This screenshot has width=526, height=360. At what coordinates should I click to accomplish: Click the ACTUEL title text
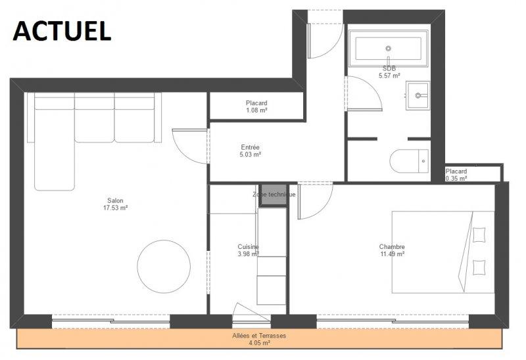click(62, 31)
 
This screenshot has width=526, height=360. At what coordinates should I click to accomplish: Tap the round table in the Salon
click(164, 267)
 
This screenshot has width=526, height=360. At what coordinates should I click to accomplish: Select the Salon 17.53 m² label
click(116, 204)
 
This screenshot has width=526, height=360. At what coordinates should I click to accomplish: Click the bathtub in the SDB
click(389, 48)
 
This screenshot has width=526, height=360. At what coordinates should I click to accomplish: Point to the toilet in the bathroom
click(410, 161)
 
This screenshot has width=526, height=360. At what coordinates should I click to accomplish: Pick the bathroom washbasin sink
click(418, 95)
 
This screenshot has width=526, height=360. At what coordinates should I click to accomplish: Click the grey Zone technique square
click(274, 194)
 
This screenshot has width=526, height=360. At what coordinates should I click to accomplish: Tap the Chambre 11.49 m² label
click(392, 250)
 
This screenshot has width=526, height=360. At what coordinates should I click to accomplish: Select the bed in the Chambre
click(443, 252)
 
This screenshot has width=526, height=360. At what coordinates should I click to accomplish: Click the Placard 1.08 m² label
click(256, 106)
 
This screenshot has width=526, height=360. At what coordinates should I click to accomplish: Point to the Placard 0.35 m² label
click(456, 175)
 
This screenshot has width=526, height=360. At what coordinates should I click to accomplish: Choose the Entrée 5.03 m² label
click(251, 151)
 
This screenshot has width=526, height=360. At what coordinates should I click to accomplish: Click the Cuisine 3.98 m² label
click(249, 250)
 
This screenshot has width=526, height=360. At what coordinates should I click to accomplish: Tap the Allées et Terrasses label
click(259, 336)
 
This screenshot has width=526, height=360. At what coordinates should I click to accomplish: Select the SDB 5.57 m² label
click(389, 72)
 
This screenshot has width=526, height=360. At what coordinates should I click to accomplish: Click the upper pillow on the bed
click(479, 235)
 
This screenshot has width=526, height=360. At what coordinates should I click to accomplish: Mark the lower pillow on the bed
click(479, 267)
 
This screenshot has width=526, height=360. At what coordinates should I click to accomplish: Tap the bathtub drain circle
click(389, 48)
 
